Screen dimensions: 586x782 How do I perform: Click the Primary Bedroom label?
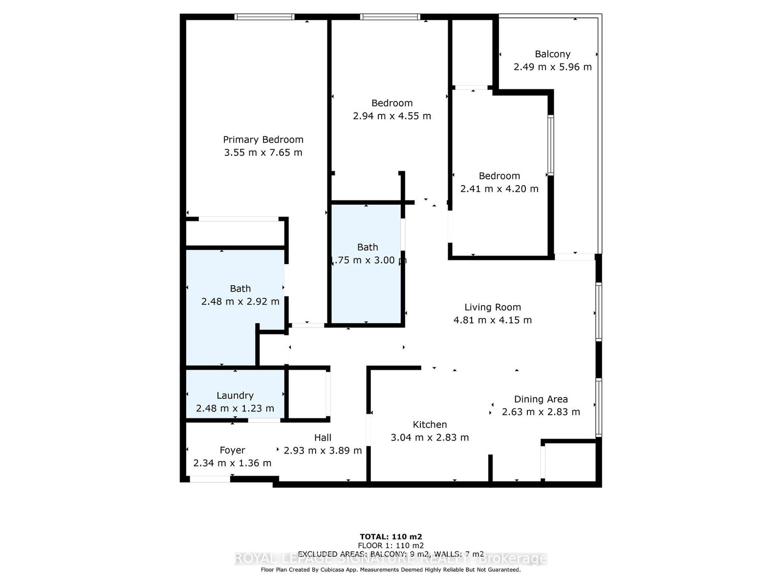[x=263, y=140]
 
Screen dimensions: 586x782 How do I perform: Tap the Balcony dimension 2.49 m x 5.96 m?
[x=552, y=67]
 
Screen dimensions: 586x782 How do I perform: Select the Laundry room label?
[x=235, y=396]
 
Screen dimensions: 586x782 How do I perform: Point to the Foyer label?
[x=232, y=450]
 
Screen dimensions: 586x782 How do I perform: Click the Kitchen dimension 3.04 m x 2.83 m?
[x=430, y=438]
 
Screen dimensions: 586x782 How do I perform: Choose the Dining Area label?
[x=541, y=399]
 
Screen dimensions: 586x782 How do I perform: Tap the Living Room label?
[x=493, y=307]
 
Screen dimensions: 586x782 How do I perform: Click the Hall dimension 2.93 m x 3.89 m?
[x=323, y=450]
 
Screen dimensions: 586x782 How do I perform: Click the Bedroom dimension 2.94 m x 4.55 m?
[x=392, y=116]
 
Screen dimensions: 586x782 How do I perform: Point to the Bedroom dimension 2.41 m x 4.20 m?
[x=499, y=188]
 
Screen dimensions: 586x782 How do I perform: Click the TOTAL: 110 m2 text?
[x=391, y=536]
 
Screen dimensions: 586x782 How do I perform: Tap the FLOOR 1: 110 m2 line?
[x=391, y=545]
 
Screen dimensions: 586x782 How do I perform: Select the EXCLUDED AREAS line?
[x=391, y=554]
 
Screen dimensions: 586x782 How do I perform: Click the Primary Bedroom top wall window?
[x=264, y=17]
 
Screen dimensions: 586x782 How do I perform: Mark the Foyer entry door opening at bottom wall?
[x=210, y=480]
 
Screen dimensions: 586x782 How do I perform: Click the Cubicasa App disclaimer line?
[x=391, y=569]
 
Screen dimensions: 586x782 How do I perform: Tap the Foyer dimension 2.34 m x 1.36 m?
[x=232, y=463]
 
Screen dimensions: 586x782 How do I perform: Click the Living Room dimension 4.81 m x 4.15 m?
[x=493, y=320]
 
